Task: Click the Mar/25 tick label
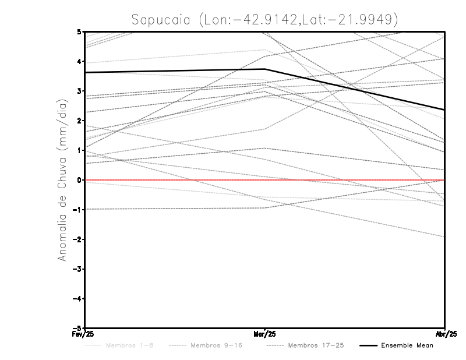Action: pyautogui.click(x=265, y=334)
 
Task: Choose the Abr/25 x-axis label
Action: pyautogui.click(x=446, y=334)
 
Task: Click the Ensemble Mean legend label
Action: pyautogui.click(x=407, y=345)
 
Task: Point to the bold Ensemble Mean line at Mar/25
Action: pyautogui.click(x=265, y=69)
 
